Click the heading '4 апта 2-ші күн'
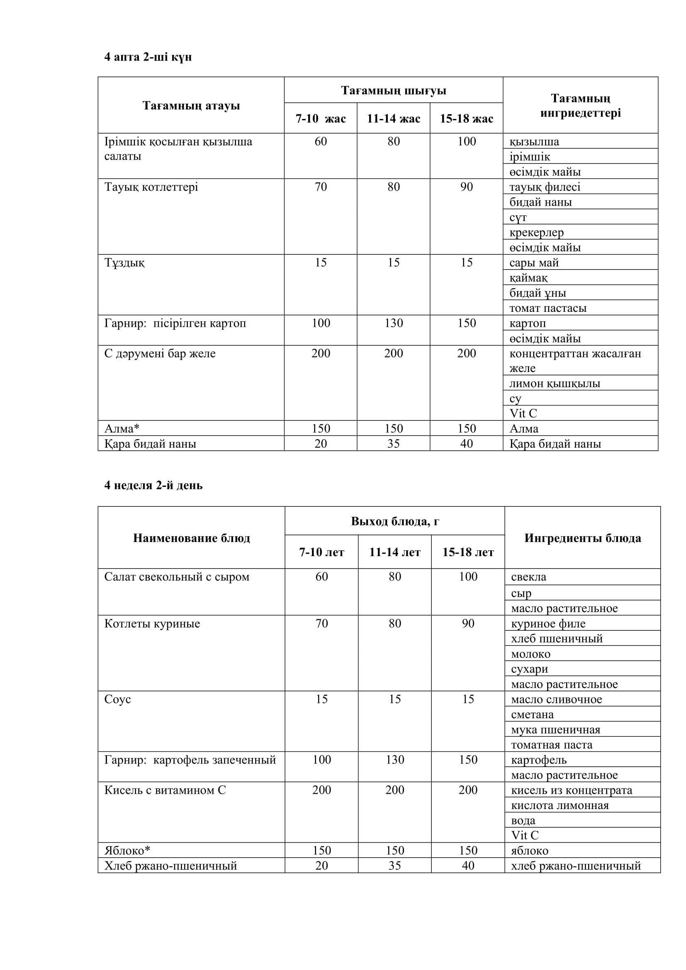point(148,57)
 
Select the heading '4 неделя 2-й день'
point(153,486)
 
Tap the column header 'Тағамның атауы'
point(191,106)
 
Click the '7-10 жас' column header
point(321,119)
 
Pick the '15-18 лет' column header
point(467,552)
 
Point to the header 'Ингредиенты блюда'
point(582,538)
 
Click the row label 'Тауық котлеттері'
point(151,187)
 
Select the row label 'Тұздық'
point(124,263)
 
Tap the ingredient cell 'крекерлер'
point(536,232)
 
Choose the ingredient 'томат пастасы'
point(548,308)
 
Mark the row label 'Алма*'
point(122,428)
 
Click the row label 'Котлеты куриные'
point(152,624)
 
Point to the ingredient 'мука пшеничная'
point(555,729)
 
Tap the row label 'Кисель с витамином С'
point(165,790)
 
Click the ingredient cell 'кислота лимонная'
point(560,805)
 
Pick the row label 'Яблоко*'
point(127,851)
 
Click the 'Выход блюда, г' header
point(395,521)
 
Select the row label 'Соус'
point(117,699)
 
